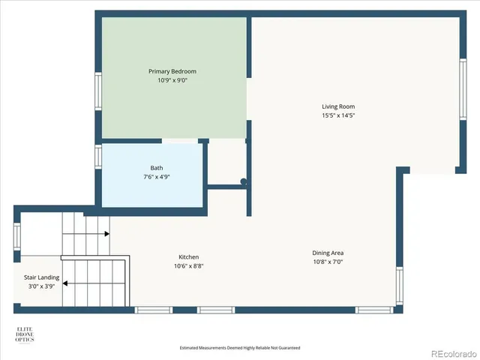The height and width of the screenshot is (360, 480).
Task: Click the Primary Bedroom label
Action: click(x=172, y=71)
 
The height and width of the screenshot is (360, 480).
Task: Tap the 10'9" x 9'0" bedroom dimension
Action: click(x=172, y=79)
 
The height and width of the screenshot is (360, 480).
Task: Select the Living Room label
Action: click(x=338, y=106)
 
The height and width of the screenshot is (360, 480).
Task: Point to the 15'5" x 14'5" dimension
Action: click(x=338, y=115)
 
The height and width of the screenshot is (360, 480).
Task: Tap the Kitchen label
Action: click(x=188, y=256)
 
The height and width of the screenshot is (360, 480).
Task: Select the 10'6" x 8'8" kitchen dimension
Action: click(x=188, y=265)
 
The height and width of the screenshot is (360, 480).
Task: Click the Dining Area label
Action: click(x=328, y=253)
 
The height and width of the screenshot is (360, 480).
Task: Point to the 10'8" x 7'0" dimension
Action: click(x=328, y=262)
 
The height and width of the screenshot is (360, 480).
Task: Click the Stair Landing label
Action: click(x=37, y=277)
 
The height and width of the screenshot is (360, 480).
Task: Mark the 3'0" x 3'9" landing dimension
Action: click(x=37, y=286)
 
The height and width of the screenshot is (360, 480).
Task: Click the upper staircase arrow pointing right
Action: click(x=106, y=234)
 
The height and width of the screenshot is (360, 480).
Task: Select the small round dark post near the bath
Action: click(x=243, y=181)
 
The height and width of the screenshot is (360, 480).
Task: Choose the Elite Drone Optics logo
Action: click(x=25, y=334)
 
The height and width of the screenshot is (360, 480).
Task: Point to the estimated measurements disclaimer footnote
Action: click(x=240, y=348)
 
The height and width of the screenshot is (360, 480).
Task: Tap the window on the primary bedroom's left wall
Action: click(x=98, y=90)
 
